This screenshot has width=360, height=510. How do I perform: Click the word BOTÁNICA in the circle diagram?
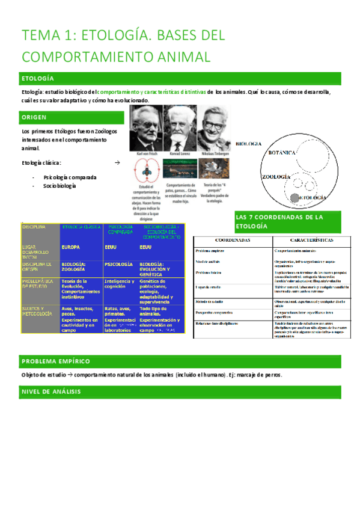tap(281, 153)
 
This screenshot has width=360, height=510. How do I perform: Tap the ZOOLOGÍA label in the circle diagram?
tap(276, 177)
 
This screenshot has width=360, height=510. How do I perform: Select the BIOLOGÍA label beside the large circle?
tap(248, 144)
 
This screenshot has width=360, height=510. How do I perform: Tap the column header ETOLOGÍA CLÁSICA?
tap(81, 227)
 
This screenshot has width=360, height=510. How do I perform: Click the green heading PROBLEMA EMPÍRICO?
tap(55, 361)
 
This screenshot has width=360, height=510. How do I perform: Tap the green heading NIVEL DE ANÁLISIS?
tap(51, 392)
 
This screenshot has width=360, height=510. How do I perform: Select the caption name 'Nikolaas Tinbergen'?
tap(214, 154)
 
